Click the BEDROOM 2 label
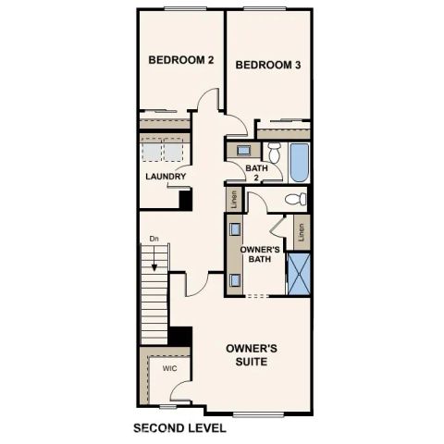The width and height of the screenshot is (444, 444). tap(181, 60)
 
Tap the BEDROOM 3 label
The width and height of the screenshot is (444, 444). tap(267, 65)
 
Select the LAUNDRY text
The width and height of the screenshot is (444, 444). tap(166, 176)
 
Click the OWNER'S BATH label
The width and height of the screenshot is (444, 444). tap(260, 255)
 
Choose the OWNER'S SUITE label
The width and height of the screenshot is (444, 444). tap(253, 354)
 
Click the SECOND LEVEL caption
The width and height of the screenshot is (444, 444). tap(179, 428)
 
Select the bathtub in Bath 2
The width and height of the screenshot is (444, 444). tap(298, 162)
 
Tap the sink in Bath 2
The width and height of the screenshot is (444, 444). tap(242, 149)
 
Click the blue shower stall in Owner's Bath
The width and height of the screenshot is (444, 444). tap(298, 271)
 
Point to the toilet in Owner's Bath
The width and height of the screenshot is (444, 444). tap(294, 199)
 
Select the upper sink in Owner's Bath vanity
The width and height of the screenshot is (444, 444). tap(235, 228)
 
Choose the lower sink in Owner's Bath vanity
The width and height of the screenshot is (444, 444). tap(235, 278)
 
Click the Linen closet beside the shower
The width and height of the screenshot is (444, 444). tap(301, 231)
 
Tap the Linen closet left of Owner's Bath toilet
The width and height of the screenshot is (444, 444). tap(234, 198)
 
